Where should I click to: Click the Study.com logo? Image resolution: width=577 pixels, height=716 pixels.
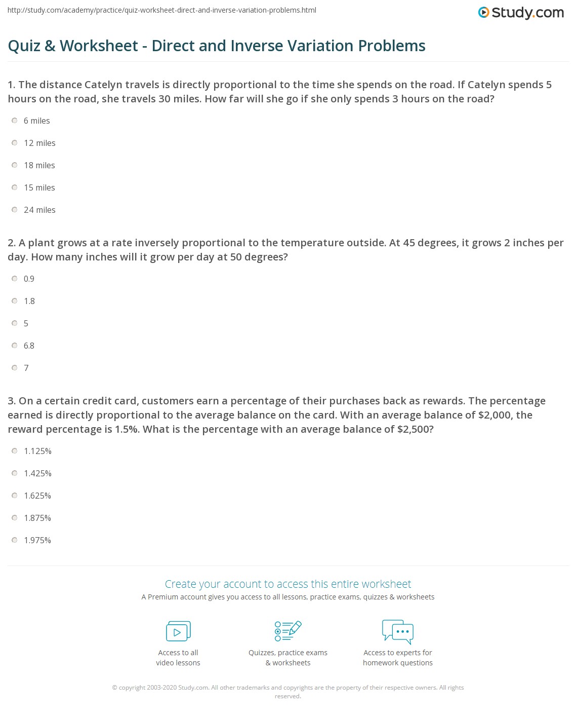(521, 12)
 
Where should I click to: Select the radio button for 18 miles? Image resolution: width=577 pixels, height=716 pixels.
(15, 165)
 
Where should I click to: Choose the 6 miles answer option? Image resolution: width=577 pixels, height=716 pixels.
(36, 121)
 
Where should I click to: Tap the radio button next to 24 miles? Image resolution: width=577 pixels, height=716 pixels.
(15, 210)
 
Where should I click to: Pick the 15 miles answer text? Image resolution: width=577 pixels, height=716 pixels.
(39, 187)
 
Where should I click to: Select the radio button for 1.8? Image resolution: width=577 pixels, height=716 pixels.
(15, 301)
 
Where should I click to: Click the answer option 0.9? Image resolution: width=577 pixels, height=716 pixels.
(29, 279)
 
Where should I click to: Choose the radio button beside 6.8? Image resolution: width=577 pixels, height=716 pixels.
(15, 346)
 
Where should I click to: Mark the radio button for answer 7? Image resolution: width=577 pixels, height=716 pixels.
(15, 368)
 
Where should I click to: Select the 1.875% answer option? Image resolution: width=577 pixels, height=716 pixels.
(37, 518)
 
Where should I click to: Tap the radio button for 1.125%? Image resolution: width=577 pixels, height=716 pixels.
(15, 451)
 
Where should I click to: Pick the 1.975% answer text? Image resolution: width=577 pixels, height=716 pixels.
(37, 540)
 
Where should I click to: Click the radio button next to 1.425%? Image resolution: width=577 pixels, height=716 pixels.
(15, 473)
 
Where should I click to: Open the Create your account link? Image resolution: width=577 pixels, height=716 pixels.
(288, 584)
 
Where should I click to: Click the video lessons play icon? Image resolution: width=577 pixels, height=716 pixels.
(178, 631)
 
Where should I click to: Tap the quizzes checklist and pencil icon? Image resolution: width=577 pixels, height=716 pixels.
(288, 631)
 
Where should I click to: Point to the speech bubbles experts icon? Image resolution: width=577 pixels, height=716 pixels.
(398, 631)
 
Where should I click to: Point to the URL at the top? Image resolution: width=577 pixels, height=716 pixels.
(162, 10)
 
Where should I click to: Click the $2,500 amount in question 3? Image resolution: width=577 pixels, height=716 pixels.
(415, 429)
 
